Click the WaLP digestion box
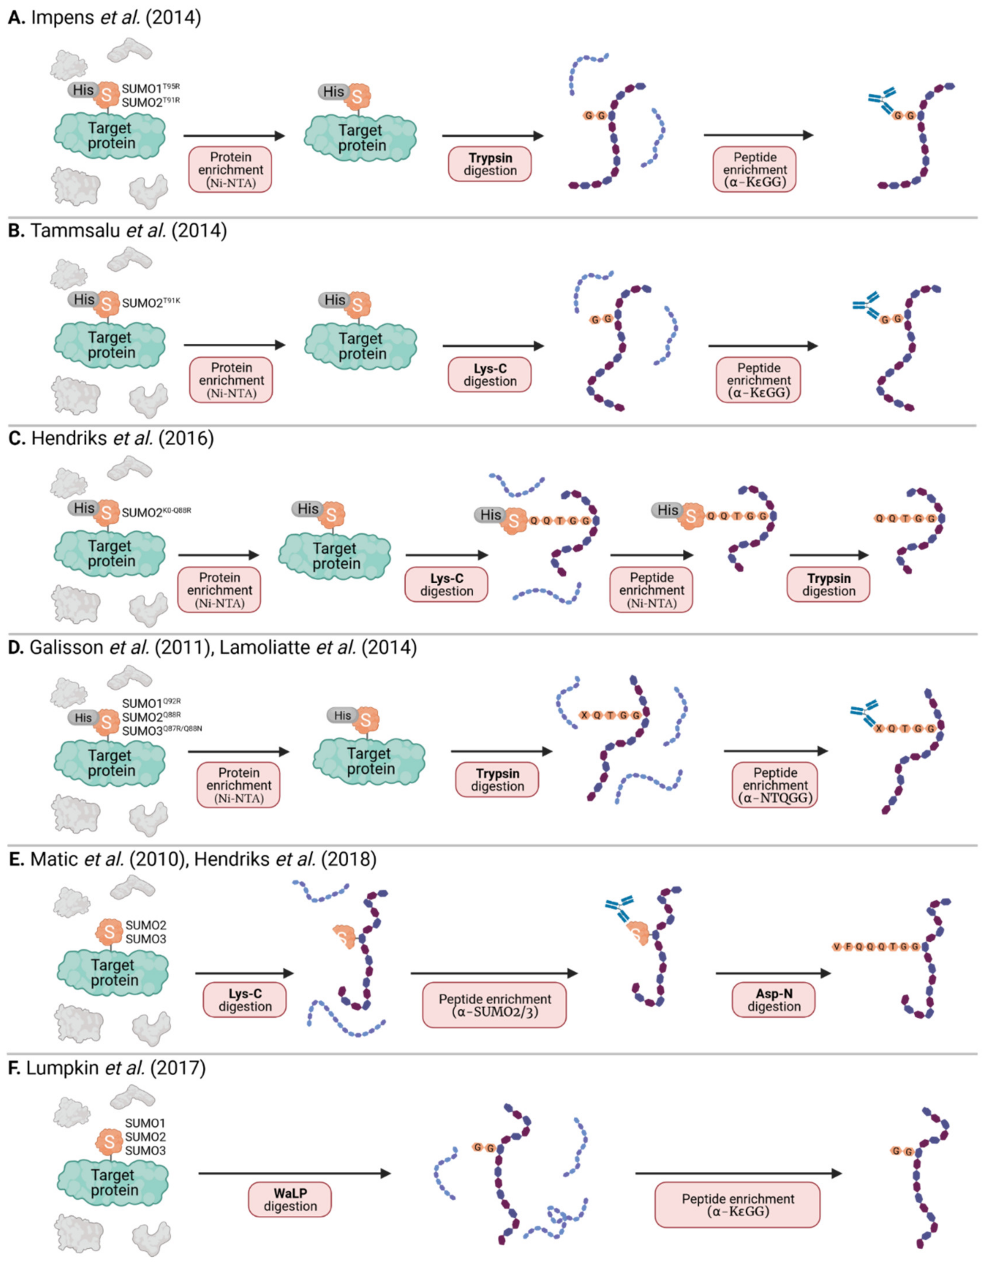coord(290,1200)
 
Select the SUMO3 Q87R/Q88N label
coord(162,731)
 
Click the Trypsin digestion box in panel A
coord(490,164)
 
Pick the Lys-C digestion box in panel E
coord(245,1000)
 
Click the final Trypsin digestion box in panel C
coord(829,585)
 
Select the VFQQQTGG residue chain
coord(877,947)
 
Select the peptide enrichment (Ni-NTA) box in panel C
coord(651,590)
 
